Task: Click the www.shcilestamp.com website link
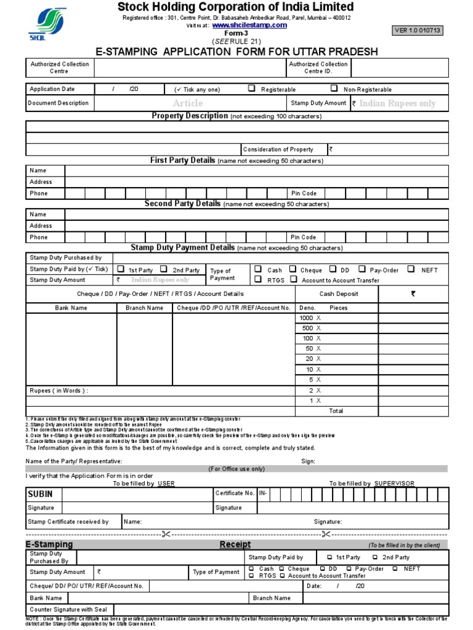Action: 249,26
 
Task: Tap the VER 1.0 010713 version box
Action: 418,31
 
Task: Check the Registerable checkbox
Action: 251,89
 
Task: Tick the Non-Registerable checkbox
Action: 334,89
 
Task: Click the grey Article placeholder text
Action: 187,103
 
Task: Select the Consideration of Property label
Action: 278,150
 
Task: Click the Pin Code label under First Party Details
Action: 303,193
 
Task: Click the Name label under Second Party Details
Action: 38,215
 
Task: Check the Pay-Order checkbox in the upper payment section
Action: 363,269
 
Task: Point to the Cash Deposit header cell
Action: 339,294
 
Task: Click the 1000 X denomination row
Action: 310,318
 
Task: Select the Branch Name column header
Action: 144,308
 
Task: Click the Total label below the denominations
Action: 336,411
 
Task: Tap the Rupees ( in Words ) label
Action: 59,391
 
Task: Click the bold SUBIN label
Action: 40,494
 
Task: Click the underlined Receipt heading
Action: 235,544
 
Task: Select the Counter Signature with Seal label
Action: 68,610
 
